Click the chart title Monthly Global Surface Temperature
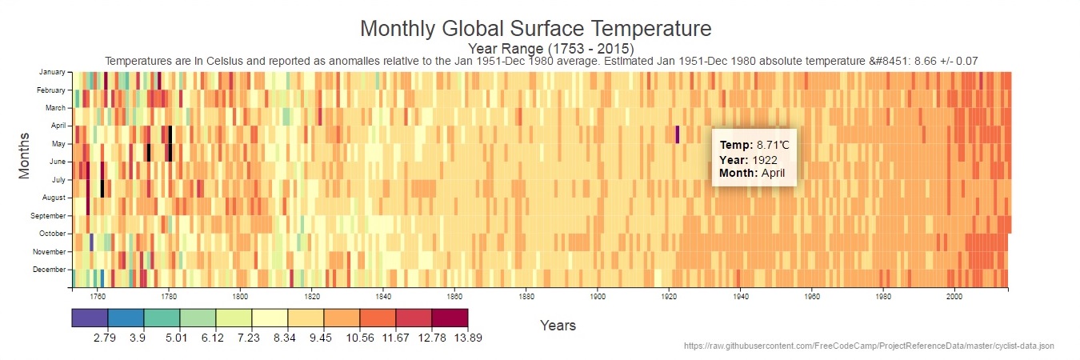tap(535, 30)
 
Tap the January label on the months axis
tap(52, 72)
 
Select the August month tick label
tap(53, 198)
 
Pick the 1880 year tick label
tap(526, 296)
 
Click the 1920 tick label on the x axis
tap(669, 296)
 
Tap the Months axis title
tap(24, 155)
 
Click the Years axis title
tap(558, 326)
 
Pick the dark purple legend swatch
tap(90, 318)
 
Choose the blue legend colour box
tap(126, 318)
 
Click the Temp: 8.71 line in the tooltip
tap(754, 146)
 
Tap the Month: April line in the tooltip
tap(752, 173)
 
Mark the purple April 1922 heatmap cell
tap(678, 134)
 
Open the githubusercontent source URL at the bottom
tap(869, 346)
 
